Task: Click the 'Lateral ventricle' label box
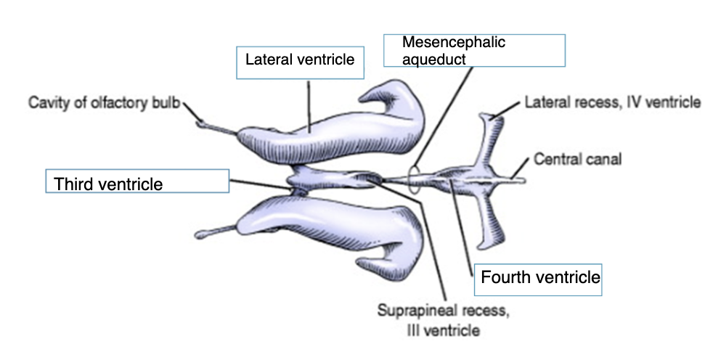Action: coord(299,62)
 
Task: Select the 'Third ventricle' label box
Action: coord(137,181)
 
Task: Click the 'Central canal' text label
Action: coord(577,158)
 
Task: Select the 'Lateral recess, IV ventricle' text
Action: coord(612,102)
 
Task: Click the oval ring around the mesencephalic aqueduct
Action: coord(415,179)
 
